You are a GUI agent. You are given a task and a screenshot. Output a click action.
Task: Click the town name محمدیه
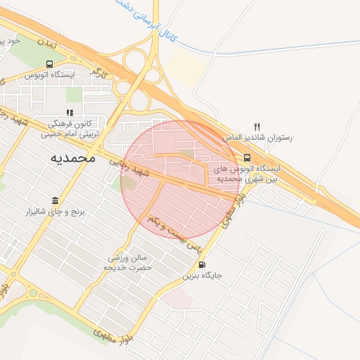[72, 158]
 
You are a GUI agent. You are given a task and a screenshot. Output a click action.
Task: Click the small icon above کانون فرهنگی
[69, 112]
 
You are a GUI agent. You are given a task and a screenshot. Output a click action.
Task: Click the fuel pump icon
[203, 265]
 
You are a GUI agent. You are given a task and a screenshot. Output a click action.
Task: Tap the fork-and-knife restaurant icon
[257, 127]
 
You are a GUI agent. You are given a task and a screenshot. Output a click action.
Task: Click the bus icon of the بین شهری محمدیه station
[247, 158]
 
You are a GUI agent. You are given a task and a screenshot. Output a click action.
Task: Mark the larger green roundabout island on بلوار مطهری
[32, 292]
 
